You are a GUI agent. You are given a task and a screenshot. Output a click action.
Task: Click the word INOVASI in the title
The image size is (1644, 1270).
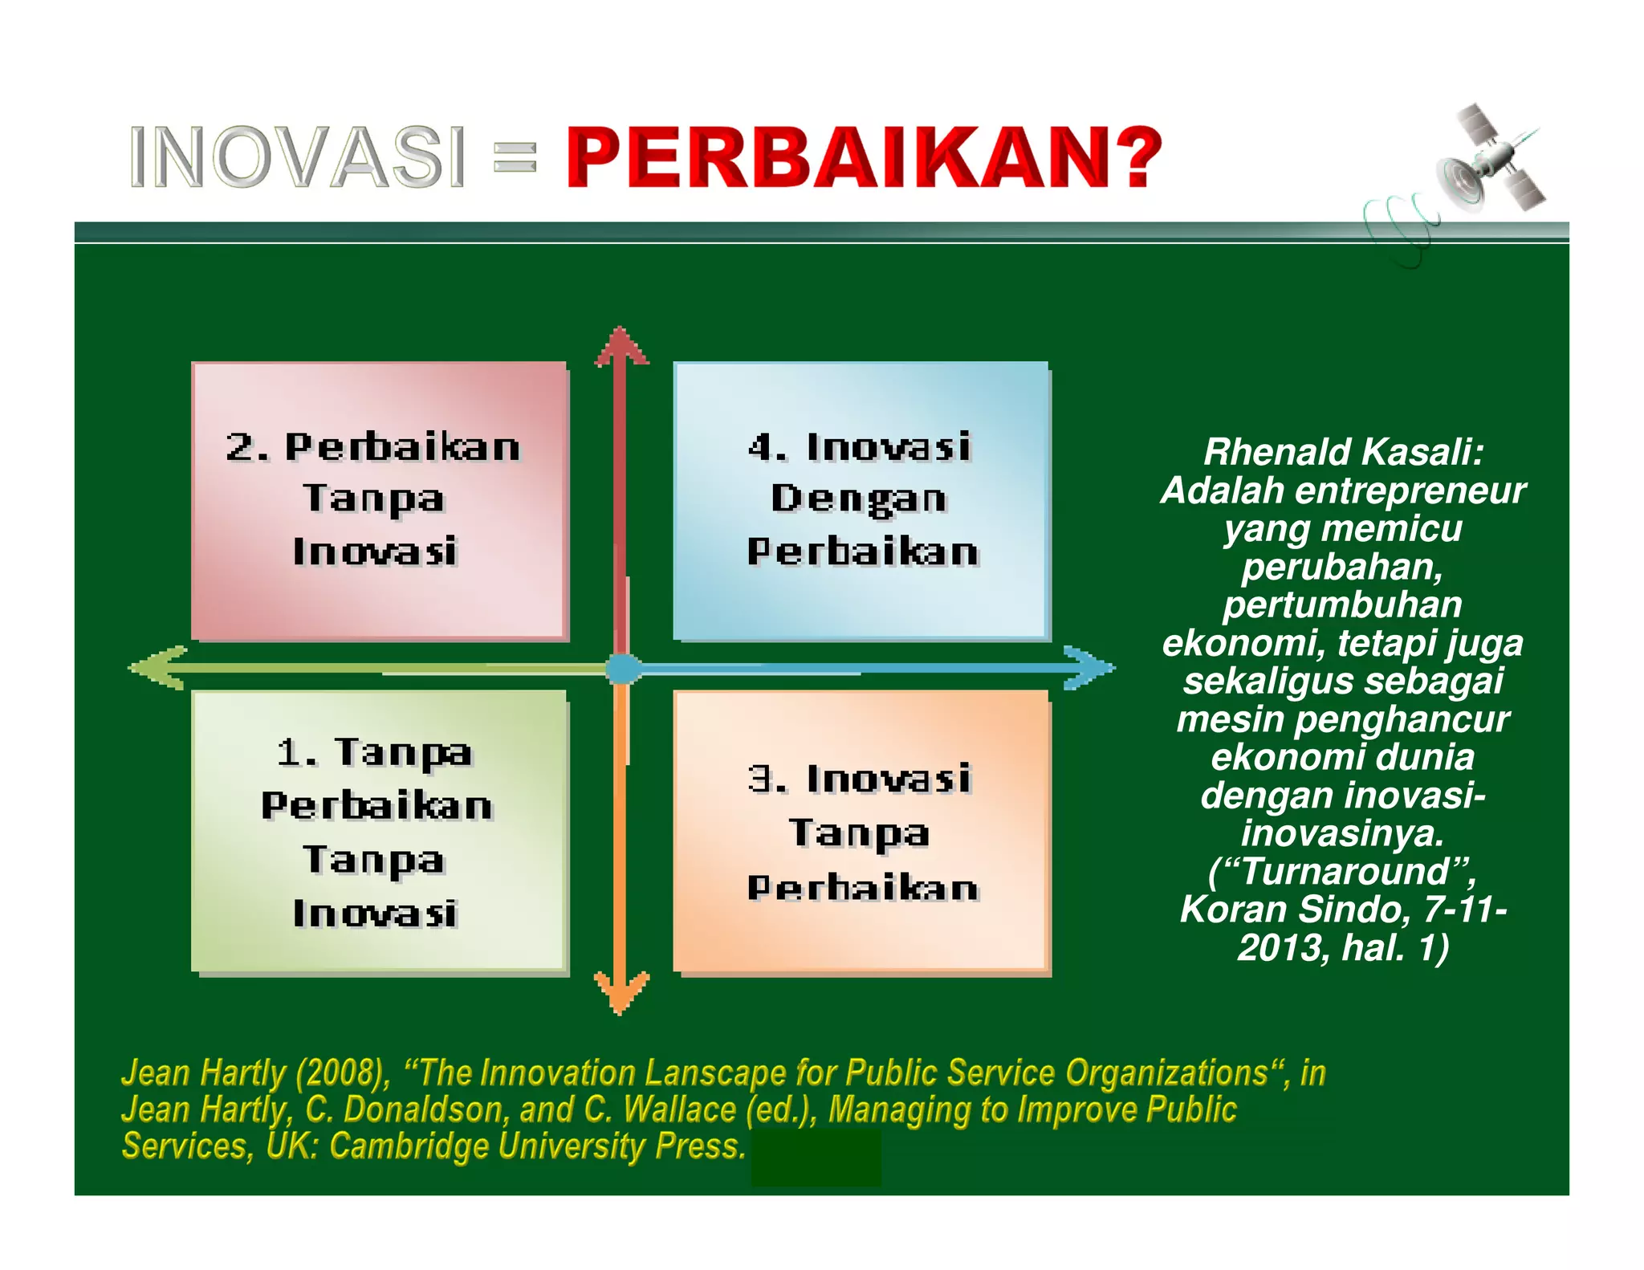point(297,157)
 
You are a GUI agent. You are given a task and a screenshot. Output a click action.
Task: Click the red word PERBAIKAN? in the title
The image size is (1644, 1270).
point(864,157)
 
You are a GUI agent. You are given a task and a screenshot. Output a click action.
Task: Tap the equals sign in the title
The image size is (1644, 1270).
point(515,157)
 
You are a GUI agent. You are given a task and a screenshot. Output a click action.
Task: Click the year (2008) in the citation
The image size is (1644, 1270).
point(341,1073)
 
